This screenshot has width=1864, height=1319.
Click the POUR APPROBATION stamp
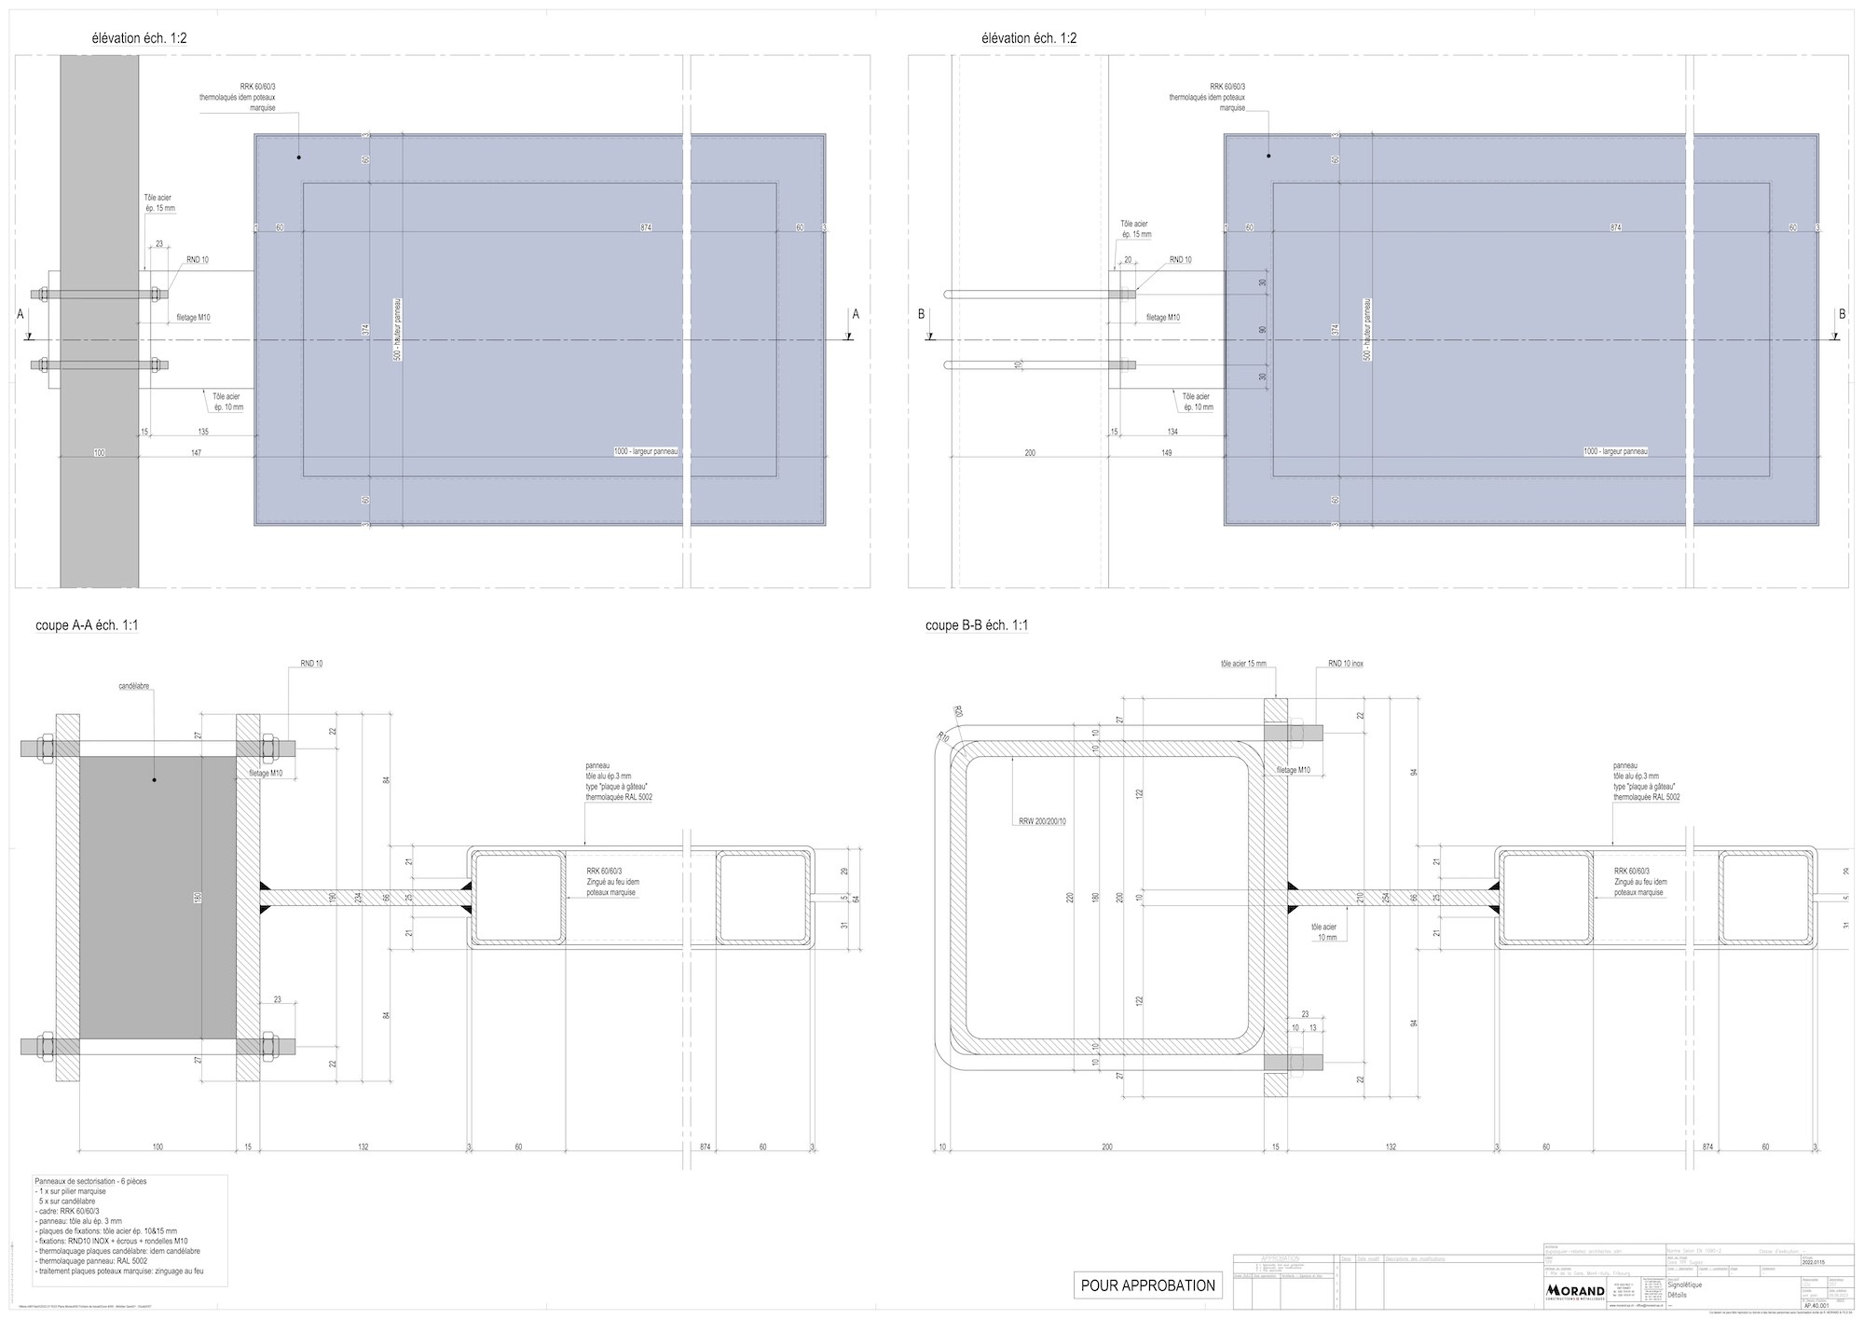[x=1147, y=1285]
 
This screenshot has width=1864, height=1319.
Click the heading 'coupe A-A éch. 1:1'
[x=87, y=625]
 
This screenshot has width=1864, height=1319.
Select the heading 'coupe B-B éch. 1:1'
[x=977, y=625]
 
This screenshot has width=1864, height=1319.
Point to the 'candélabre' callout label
[x=134, y=686]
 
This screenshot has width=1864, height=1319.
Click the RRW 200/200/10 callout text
[x=1041, y=822]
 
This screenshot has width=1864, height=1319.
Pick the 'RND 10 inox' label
[x=1346, y=664]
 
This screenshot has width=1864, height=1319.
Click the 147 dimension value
[x=196, y=452]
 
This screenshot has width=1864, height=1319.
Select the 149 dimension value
[x=1166, y=452]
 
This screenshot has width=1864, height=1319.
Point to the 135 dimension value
[x=203, y=432]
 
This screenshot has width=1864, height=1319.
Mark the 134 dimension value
[x=1172, y=432]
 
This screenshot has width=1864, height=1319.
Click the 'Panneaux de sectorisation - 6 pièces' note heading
[x=89, y=1181]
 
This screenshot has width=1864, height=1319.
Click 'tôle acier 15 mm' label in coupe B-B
[x=1243, y=664]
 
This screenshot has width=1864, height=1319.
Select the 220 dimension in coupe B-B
[x=1070, y=898]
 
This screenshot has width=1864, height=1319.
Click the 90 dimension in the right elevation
[x=1263, y=330]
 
